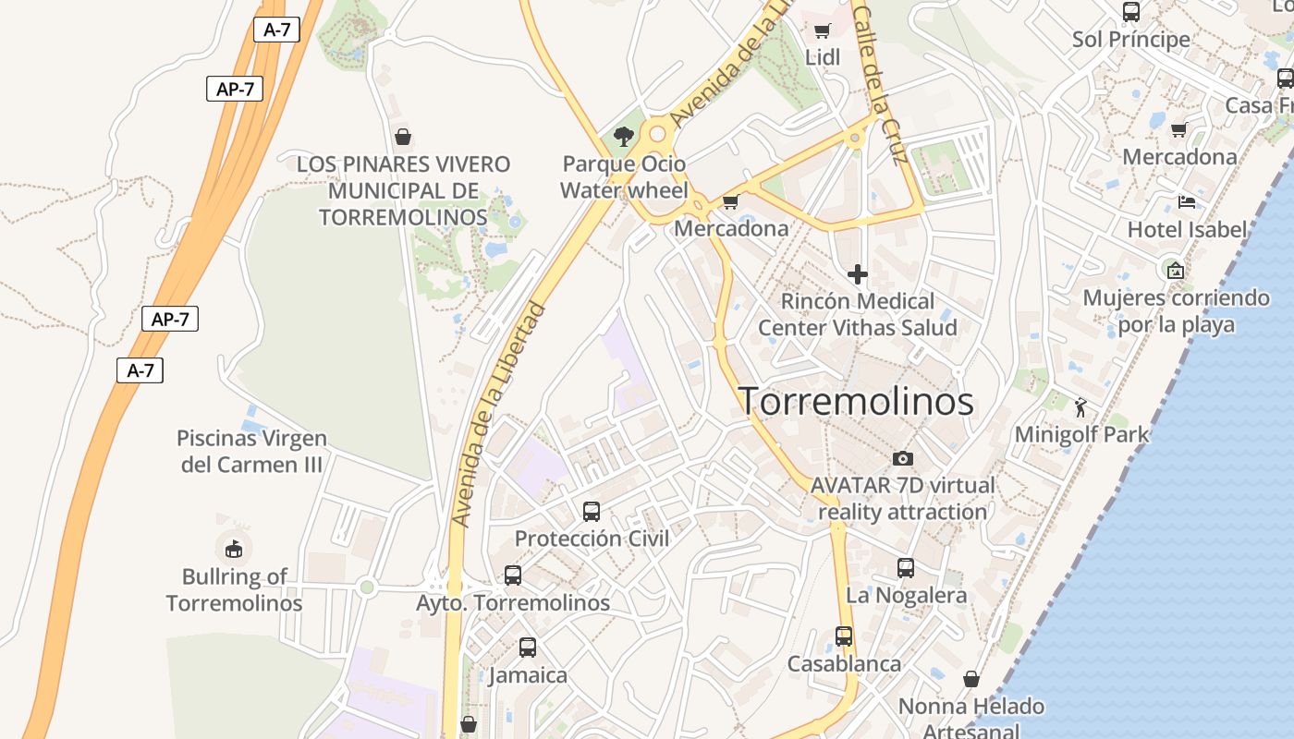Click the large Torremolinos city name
pos(856,402)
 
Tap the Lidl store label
pos(823,57)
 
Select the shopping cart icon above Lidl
pos(822,30)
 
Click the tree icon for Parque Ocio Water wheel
pos(625,137)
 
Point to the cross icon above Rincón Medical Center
pos(858,274)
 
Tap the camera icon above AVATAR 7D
pos(903,458)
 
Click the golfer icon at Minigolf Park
pos(1080,406)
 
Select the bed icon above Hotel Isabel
pos(1187,201)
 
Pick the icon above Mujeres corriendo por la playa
pos(1176,270)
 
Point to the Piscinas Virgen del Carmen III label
pos(251,451)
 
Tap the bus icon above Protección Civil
pos(592,511)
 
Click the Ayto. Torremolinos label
pos(513,602)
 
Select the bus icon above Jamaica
pos(528,648)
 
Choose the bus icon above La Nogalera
pos(906,568)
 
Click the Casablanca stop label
pos(844,663)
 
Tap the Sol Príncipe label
pos(1131,40)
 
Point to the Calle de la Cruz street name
pos(882,83)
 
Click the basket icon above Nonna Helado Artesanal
pos(971,679)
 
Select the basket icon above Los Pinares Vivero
pos(403,137)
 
